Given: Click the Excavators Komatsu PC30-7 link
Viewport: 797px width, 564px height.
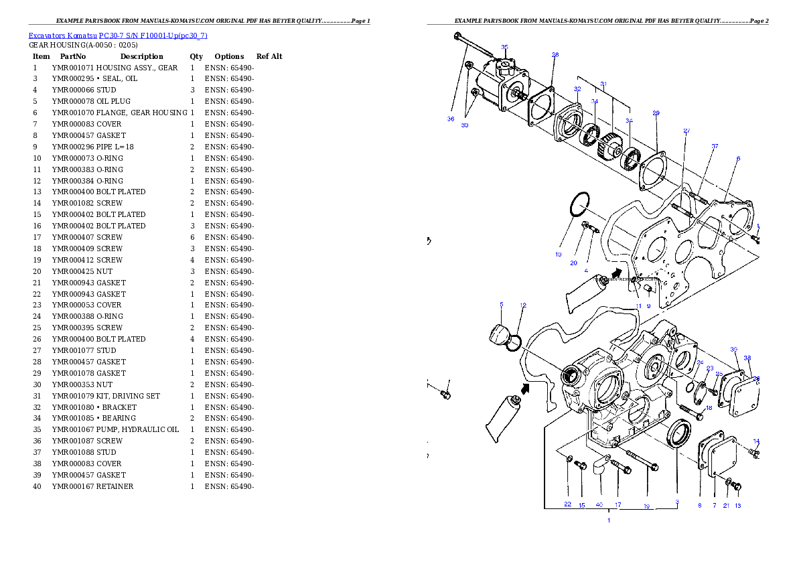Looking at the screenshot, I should point(117,36).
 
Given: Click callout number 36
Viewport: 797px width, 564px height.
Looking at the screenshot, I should point(451,119).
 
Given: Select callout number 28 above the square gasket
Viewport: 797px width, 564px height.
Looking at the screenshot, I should point(555,54).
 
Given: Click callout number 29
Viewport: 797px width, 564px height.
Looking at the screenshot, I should point(656,113).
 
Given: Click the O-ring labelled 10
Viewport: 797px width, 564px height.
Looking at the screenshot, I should point(580,204).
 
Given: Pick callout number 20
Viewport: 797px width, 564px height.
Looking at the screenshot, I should point(573,263).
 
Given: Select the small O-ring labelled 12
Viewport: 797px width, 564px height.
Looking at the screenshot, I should point(513,344).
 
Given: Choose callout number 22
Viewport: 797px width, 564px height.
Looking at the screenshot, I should point(567,504).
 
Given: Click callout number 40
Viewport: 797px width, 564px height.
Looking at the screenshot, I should point(599,504).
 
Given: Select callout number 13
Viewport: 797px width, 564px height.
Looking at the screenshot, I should point(737,505).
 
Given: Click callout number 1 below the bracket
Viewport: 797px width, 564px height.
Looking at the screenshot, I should point(609,520).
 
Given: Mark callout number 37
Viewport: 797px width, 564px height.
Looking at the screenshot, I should point(715,146).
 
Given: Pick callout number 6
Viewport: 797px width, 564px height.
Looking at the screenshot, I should point(738,159).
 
